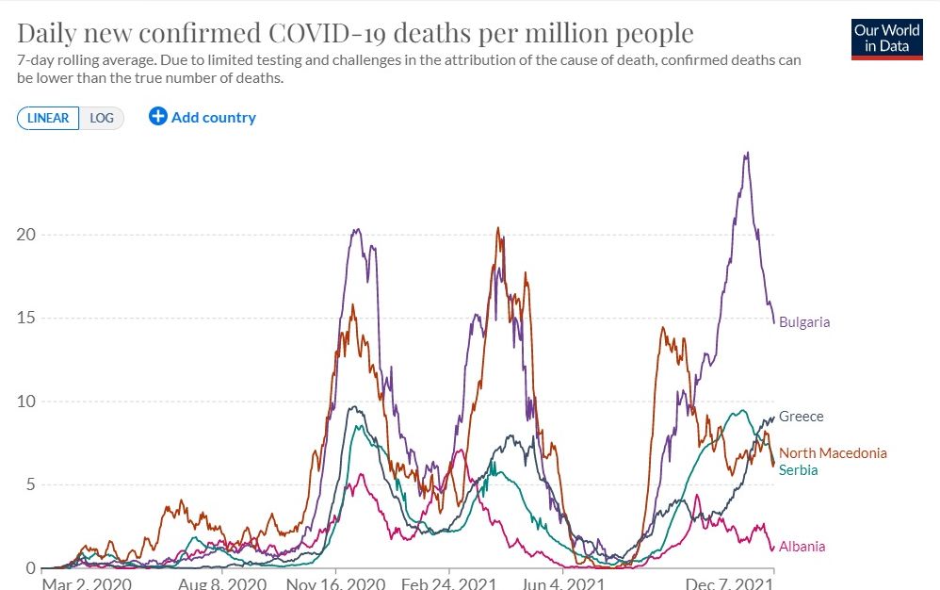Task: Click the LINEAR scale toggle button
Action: (x=48, y=118)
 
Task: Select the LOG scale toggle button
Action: (x=102, y=118)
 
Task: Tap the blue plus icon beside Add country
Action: (x=157, y=117)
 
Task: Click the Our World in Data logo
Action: (x=886, y=39)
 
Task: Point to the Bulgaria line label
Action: (x=804, y=322)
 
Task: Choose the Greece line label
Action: (x=801, y=417)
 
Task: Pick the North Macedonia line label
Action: (x=833, y=453)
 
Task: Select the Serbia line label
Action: (x=798, y=470)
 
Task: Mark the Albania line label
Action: (x=802, y=547)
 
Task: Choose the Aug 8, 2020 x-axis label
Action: (x=221, y=583)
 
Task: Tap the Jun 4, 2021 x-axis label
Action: (x=562, y=583)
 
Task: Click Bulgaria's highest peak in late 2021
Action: (x=747, y=154)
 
